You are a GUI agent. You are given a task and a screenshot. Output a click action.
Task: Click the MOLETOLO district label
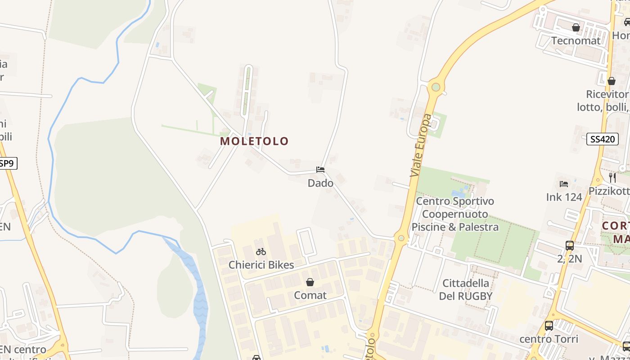[254, 141]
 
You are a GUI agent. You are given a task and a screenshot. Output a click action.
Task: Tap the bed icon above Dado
[320, 170]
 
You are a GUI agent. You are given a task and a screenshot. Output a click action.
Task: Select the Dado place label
[320, 183]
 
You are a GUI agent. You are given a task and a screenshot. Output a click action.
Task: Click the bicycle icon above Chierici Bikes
[261, 252]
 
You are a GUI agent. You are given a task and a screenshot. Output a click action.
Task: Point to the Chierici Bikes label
[261, 265]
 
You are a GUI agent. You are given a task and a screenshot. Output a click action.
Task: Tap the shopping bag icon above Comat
[310, 282]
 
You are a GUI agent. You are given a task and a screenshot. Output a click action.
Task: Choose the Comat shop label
[310, 295]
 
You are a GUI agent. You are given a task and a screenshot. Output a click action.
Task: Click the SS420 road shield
[603, 139]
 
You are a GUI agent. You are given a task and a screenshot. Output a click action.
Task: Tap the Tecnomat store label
[576, 40]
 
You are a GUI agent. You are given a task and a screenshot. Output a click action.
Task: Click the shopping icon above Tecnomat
[576, 27]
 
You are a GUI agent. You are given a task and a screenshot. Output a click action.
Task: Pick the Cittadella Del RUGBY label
[466, 289]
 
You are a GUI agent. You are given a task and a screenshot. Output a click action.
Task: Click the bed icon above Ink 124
[564, 184]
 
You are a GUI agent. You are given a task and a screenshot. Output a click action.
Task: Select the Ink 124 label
[564, 197]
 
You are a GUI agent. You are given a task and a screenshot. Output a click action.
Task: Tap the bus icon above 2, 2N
[570, 246]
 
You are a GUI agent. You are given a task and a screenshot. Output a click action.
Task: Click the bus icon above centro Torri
[549, 325]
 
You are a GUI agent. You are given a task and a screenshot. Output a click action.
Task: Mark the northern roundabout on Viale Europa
[435, 87]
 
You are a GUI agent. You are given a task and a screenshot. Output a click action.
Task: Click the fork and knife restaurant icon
[612, 177]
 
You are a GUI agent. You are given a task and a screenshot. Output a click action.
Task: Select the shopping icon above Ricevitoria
[612, 81]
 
